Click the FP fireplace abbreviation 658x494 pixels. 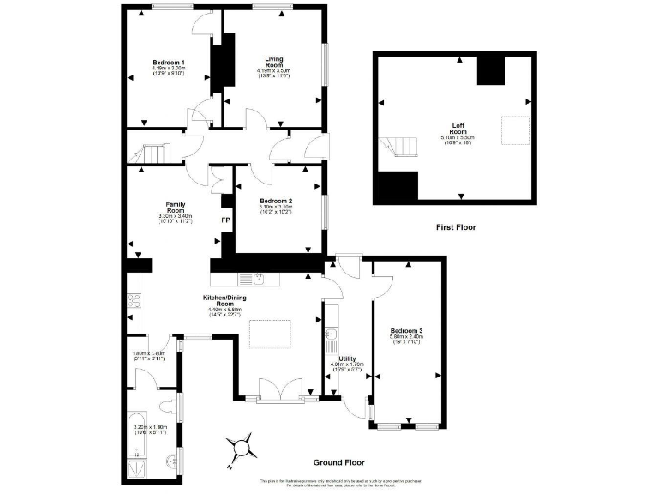226,220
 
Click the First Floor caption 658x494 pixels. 455,227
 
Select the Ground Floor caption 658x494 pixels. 339,462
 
